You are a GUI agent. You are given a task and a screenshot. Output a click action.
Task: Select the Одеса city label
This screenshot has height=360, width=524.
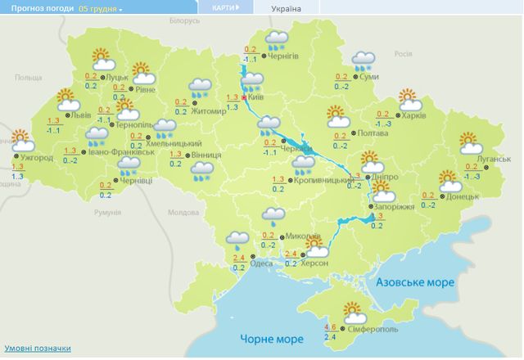coord(263,263)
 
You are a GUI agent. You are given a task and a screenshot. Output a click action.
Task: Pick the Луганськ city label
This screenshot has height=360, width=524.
coord(493,158)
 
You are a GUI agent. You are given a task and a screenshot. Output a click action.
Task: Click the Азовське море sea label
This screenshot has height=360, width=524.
coord(415,281)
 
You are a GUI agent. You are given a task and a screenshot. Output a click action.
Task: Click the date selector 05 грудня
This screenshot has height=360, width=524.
coord(99,8)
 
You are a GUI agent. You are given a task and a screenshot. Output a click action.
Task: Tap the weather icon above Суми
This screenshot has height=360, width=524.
coord(364,61)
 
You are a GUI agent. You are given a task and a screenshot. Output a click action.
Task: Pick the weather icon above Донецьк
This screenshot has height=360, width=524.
coord(449,180)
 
